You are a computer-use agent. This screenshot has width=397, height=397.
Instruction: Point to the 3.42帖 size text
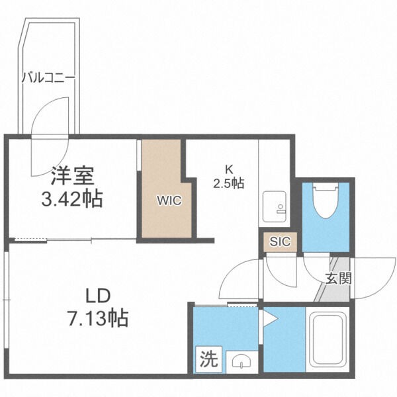tap(71, 198)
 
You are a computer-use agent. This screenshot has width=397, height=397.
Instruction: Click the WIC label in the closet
tap(165, 199)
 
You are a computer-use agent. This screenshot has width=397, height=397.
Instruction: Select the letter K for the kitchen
tap(228, 168)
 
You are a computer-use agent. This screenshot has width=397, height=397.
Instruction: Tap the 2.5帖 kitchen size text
tap(228, 183)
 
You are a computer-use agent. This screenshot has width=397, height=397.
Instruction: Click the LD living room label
tap(98, 296)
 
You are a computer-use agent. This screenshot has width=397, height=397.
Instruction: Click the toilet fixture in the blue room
tap(325, 201)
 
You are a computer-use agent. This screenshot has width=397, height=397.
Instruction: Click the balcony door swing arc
tap(50, 119)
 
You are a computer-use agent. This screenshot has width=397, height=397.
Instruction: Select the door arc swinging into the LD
tap(240, 278)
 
